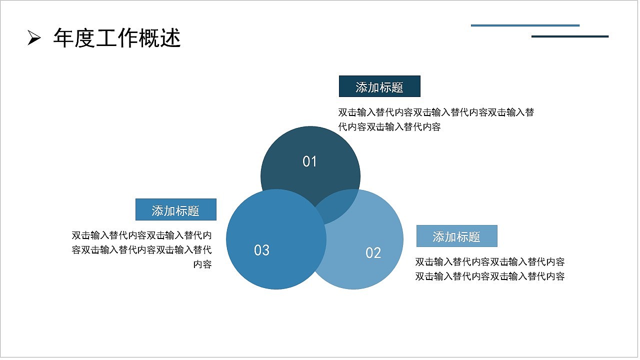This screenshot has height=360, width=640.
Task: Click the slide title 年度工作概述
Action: [116, 38]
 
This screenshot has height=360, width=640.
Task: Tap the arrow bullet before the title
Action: [33, 38]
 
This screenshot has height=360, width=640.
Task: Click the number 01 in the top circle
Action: [310, 161]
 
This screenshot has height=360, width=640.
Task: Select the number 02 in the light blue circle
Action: [373, 253]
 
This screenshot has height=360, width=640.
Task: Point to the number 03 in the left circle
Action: [261, 250]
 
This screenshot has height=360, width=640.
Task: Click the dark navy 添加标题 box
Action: [379, 86]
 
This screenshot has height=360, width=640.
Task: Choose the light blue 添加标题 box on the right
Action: [456, 236]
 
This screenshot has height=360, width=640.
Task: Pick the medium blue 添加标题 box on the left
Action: [175, 209]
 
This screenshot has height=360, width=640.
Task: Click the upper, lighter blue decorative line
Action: [525, 25]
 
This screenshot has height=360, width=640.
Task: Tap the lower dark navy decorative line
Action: [570, 36]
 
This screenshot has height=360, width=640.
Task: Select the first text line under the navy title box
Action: [436, 112]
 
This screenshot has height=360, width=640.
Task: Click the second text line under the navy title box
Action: [389, 127]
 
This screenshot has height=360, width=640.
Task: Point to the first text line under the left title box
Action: [141, 235]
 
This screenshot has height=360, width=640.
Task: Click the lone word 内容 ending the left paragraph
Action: [202, 264]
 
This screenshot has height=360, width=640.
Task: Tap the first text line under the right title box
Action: [490, 262]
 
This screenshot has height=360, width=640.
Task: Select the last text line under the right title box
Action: [490, 276]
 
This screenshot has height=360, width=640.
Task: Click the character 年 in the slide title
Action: [63, 38]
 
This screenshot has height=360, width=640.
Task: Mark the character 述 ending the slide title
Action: [170, 38]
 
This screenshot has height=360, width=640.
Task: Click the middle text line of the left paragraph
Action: [141, 250]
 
